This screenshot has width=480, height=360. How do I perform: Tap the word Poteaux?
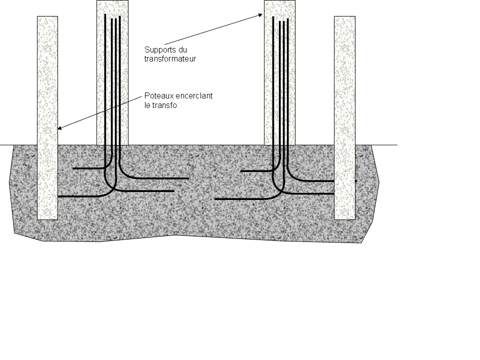point(157,96)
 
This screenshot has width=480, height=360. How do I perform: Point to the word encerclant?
point(193,96)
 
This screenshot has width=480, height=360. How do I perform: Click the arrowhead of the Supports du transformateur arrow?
point(261,15)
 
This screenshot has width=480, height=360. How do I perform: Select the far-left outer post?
point(47,100)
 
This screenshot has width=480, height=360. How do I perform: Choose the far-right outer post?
point(344,100)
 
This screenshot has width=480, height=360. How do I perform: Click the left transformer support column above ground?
point(112,75)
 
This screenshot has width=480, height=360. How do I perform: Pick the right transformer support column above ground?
point(280,75)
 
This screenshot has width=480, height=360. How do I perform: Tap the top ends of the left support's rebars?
point(112,18)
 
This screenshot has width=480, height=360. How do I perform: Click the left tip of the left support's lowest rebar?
point(59,197)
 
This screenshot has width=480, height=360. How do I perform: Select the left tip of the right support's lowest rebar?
point(215,199)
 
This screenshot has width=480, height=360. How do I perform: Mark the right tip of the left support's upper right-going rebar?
point(188,177)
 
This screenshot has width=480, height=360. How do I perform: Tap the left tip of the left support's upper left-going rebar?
point(73,168)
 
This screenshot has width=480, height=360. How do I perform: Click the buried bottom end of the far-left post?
point(47,218)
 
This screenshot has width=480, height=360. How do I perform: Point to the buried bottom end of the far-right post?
point(344,218)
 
